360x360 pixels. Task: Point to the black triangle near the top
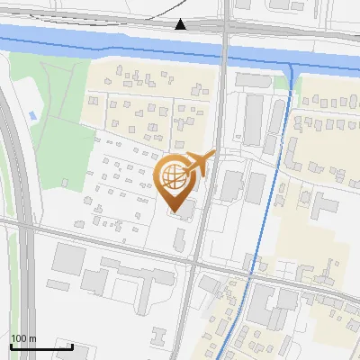(x=181, y=24)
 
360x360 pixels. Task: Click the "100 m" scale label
(x=22, y=338)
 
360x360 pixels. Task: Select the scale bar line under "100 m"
(x=40, y=346)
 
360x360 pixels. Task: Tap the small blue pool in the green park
(x=33, y=115)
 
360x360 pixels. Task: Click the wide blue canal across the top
(x=108, y=43)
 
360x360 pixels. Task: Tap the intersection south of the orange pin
(x=193, y=262)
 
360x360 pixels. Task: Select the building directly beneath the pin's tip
(x=183, y=209)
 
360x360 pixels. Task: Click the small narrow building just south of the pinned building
(x=180, y=239)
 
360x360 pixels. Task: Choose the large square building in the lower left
(x=69, y=258)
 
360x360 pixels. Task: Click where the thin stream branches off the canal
(x=291, y=67)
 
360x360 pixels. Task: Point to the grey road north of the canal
(x=108, y=18)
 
